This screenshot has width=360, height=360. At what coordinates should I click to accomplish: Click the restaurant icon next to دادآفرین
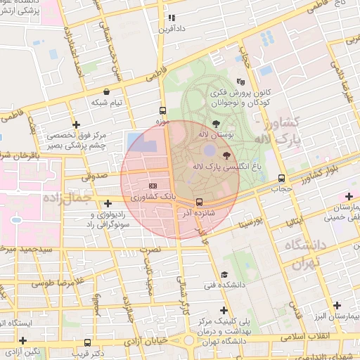pos(171,18)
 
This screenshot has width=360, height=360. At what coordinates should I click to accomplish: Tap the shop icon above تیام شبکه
pos(106,91)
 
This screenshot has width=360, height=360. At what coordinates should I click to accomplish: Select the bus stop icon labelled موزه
pos(163,110)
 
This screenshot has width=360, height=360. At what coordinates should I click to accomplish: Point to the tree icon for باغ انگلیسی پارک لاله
pos(226,155)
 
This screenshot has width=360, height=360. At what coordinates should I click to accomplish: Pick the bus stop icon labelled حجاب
pos(281,178)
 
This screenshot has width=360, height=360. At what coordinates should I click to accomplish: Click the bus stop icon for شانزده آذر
pos(199,201)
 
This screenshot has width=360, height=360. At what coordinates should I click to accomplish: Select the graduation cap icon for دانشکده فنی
pos(224,274)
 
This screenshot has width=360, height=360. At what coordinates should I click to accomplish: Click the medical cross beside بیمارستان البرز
pos(338,305)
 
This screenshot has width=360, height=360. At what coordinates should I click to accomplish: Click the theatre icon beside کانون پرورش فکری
pos(241,82)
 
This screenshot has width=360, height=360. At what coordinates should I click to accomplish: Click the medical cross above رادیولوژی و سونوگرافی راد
pos(107,203)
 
